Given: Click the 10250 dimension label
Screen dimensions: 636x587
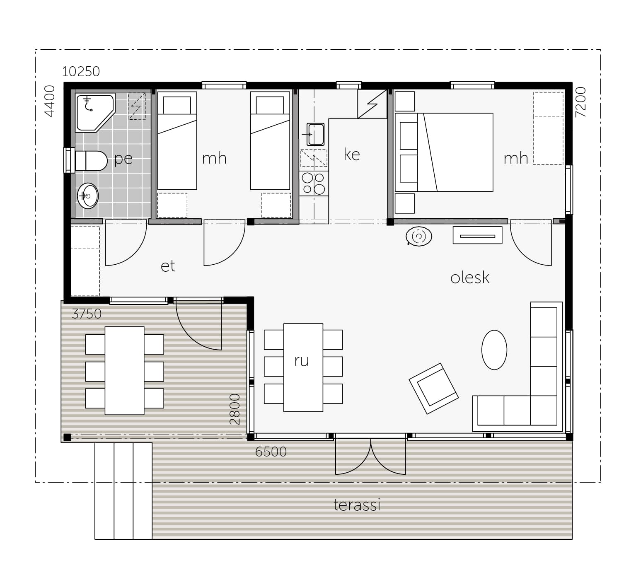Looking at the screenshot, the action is point(81,72).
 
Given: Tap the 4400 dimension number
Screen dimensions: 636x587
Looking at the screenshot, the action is point(49,101).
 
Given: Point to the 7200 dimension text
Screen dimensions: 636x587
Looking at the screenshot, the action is point(581,102).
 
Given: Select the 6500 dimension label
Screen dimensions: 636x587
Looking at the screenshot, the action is point(271,452).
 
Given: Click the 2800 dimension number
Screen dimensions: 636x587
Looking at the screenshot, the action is point(235,409).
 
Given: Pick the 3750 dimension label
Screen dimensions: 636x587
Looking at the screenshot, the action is point(87,314).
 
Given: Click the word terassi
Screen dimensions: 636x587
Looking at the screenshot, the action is point(357,505).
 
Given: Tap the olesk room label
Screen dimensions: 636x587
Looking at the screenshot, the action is point(470,277).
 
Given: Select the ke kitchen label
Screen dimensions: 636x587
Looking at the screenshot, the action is point(352,155).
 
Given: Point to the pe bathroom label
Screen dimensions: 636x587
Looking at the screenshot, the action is point(123,159).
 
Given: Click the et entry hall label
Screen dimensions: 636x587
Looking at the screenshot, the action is point(168,266).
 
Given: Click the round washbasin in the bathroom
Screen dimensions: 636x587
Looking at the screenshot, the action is point(88,196).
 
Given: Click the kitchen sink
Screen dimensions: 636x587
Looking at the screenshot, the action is point(315,134).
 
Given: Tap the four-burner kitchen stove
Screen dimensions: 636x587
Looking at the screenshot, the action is point(314,184).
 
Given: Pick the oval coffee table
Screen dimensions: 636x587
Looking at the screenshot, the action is point(494,350).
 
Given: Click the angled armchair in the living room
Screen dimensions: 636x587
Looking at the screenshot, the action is point(433,388).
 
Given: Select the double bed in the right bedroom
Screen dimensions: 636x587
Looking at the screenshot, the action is point(444,152).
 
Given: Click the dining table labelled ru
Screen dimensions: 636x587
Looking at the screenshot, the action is point(303,367).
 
